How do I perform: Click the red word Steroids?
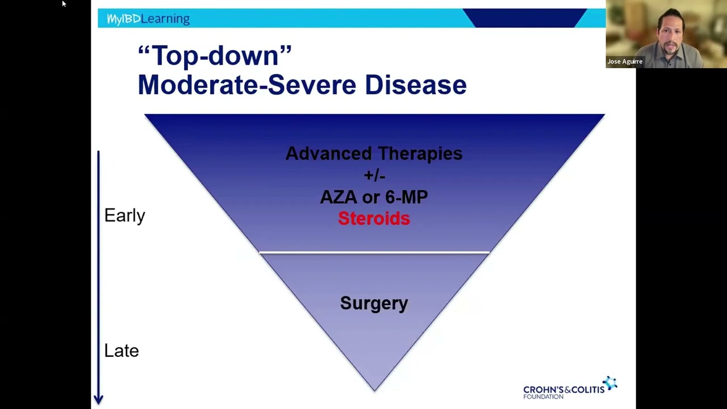(x=374, y=219)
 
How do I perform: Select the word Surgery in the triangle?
(x=374, y=303)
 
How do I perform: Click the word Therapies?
(x=420, y=153)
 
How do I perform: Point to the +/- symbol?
(x=374, y=176)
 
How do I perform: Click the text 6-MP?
(x=406, y=197)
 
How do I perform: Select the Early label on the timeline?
(x=124, y=216)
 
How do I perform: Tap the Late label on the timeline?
(x=121, y=350)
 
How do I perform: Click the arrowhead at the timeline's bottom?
(x=98, y=400)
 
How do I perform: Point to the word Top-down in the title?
(x=214, y=56)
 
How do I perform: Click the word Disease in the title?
(x=415, y=85)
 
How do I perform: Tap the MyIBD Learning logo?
(x=148, y=19)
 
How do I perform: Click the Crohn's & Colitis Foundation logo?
(x=569, y=388)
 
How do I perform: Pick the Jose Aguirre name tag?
(x=625, y=61)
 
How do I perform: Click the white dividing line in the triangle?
(x=374, y=252)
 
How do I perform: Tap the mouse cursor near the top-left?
(x=63, y=3)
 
